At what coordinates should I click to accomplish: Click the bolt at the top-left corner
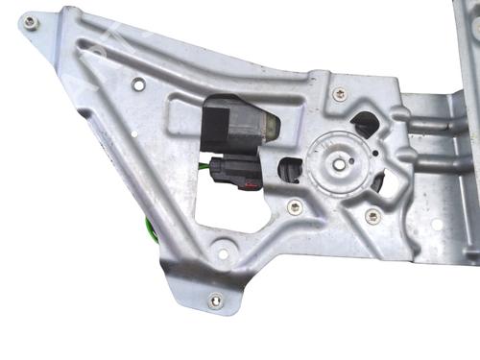point(31,20)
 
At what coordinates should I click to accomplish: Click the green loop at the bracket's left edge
point(151,228)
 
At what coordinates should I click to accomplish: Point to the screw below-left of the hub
point(294,207)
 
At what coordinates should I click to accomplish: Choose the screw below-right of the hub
point(372,216)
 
